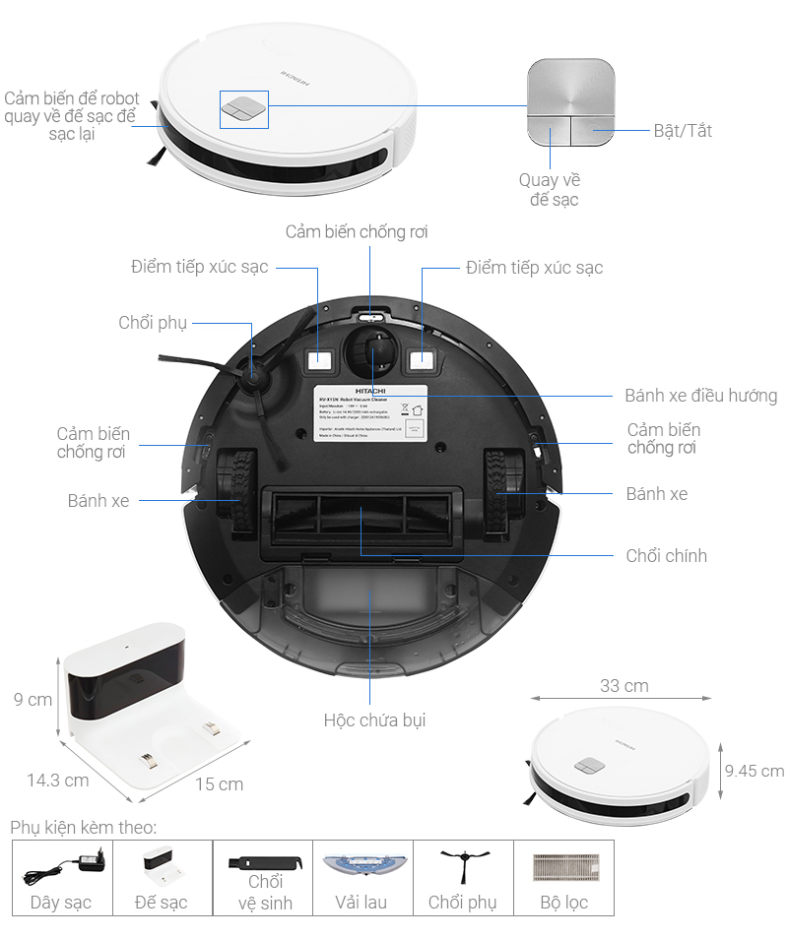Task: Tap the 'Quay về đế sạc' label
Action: pyautogui.click(x=550, y=190)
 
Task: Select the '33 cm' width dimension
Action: pyautogui.click(x=624, y=685)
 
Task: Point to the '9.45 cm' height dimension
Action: pyautogui.click(x=754, y=771)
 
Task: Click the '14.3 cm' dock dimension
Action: pyautogui.click(x=58, y=780)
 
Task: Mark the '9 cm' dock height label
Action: pyautogui.click(x=33, y=700)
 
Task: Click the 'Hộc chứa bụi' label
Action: pyautogui.click(x=374, y=719)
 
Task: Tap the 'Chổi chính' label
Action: pyautogui.click(x=666, y=555)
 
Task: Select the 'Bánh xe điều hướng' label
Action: pyautogui.click(x=700, y=396)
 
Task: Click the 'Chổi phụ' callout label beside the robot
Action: pyautogui.click(x=153, y=323)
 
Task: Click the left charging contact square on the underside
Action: pyautogui.click(x=318, y=360)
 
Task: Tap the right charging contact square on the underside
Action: pyautogui.click(x=423, y=360)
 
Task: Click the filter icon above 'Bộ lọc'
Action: pyautogui.click(x=563, y=866)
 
